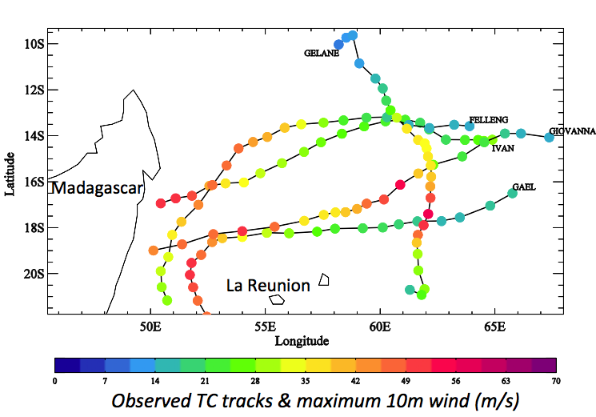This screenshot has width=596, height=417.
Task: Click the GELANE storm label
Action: coord(321,53)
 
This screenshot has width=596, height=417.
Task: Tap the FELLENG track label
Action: coord(489,120)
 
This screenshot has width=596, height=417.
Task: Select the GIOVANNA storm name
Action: coord(572,131)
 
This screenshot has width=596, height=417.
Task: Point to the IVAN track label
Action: coord(503,148)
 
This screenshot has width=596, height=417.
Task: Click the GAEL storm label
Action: coord(524,187)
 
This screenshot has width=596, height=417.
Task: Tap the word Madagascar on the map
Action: coord(97,188)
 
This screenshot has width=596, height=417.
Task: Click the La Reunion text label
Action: coord(268,286)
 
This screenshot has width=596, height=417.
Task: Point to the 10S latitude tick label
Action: coord(34,44)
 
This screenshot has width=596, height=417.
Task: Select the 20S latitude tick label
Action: coord(34,274)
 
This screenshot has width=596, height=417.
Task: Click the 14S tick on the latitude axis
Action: coord(34,136)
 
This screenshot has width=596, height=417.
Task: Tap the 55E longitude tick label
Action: coord(265,327)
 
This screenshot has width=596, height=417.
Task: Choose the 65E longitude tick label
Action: coord(495,327)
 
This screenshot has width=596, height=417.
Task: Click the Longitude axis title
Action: coord(302,341)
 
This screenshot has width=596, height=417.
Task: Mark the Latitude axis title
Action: coord(10,174)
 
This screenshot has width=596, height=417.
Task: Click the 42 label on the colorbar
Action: coord(355,381)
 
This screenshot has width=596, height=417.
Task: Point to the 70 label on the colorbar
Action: coord(556,381)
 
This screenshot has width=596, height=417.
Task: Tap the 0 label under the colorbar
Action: coord(54,381)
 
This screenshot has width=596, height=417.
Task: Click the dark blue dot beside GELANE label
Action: coord(338,45)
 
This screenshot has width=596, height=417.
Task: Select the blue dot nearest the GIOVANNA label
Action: coord(549,137)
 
